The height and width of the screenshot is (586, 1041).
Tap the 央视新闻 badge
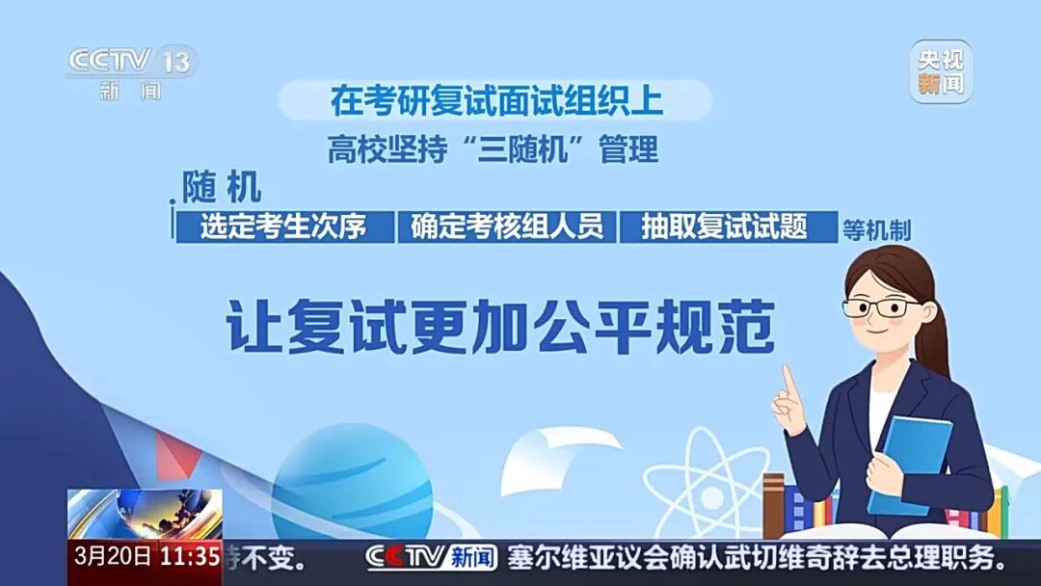(x=941, y=71)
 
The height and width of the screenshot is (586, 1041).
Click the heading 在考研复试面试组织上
(x=496, y=100)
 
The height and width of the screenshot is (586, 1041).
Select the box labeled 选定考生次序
(x=284, y=226)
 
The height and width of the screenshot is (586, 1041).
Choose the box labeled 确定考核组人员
(x=507, y=226)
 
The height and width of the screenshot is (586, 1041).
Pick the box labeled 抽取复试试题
(x=727, y=226)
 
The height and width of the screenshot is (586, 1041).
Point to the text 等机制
(x=876, y=230)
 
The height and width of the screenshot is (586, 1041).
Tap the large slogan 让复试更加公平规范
(x=501, y=328)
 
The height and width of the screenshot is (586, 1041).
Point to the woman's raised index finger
(x=790, y=383)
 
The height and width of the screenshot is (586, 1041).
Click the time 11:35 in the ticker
(x=190, y=557)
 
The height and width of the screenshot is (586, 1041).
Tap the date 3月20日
(x=113, y=557)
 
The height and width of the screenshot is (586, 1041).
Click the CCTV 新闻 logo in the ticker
(x=431, y=557)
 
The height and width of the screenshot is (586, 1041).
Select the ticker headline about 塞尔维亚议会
(x=758, y=557)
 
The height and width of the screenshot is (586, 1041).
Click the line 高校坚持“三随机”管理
(x=493, y=150)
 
